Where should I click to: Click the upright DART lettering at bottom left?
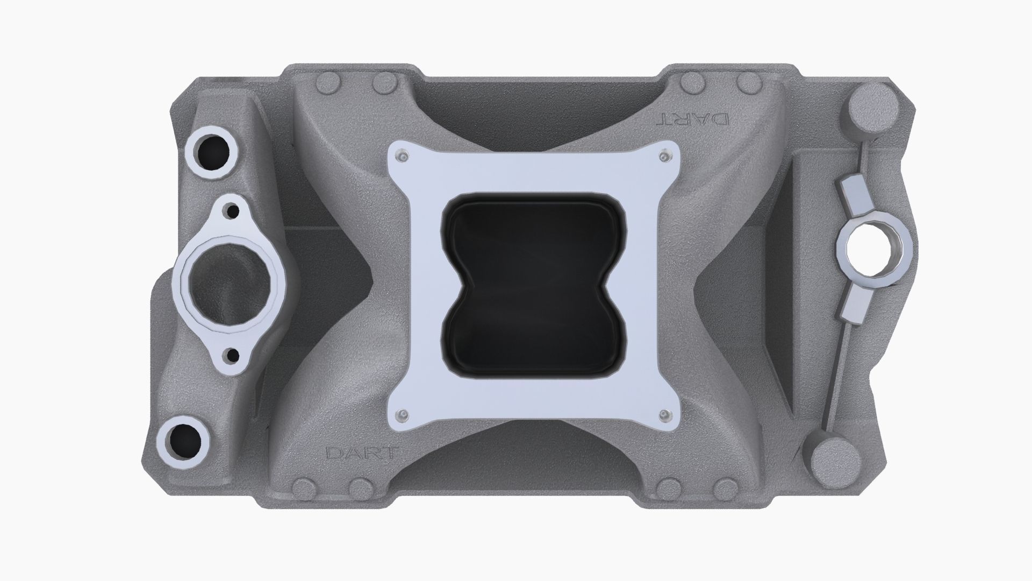pyautogui.click(x=361, y=452)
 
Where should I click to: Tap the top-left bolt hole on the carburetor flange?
pyautogui.click(x=401, y=156)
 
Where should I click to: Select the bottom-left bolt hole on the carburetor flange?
pyautogui.click(x=401, y=414)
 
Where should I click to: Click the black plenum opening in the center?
pyautogui.click(x=532, y=285)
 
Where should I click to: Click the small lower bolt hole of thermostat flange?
pyautogui.click(x=233, y=355)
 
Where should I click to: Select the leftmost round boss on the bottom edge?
pyautogui.click(x=305, y=489)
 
